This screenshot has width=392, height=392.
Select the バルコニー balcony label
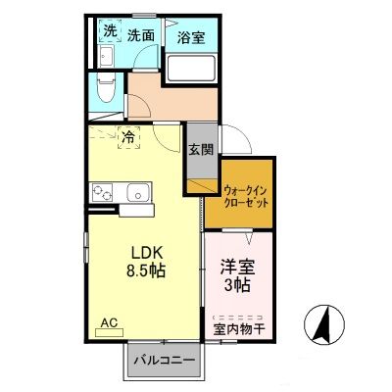(x=165, y=361)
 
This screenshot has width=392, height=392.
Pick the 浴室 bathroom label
(x=191, y=37)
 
